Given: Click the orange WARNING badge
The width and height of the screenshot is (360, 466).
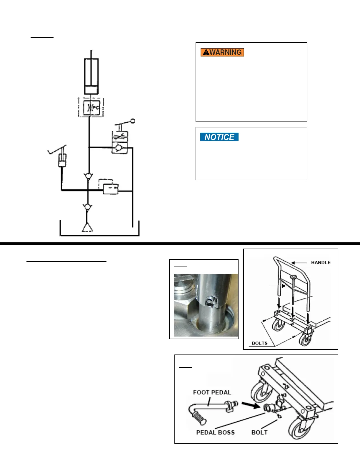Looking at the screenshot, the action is (x=222, y=52).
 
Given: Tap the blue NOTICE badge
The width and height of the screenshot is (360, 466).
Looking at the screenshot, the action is (x=219, y=137).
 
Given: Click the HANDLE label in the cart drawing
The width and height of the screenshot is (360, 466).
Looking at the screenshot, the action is (x=321, y=262).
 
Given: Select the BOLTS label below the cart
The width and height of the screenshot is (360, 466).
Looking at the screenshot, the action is (x=259, y=343).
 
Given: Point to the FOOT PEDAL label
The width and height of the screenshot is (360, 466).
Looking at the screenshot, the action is (x=212, y=392).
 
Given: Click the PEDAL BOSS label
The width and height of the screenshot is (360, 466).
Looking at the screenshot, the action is (x=215, y=432).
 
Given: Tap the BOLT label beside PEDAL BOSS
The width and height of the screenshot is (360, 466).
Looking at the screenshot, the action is (x=259, y=432).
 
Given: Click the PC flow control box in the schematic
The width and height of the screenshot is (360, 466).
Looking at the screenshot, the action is (x=91, y=107).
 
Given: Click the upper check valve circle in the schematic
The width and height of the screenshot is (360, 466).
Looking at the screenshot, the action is (x=88, y=176).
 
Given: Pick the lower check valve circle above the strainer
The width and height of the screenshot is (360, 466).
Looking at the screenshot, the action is (x=87, y=207).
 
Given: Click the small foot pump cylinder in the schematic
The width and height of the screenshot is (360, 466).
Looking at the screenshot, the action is (x=62, y=160).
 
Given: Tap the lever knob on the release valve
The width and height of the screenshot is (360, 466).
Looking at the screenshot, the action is (x=133, y=121).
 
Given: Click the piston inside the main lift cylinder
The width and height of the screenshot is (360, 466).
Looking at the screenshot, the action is (x=91, y=89).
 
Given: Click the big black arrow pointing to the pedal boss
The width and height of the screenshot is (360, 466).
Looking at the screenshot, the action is (x=251, y=405).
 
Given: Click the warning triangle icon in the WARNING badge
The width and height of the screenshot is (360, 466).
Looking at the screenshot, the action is (x=206, y=52).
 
